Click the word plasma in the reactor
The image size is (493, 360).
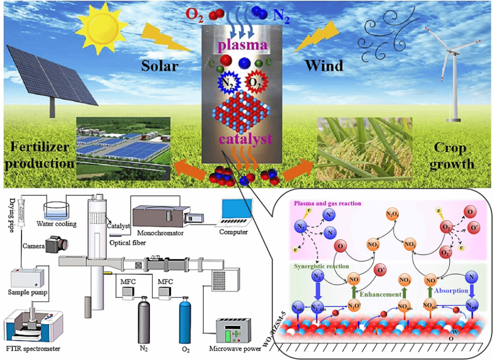242,45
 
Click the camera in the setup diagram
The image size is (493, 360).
53,245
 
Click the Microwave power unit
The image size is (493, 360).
232,331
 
